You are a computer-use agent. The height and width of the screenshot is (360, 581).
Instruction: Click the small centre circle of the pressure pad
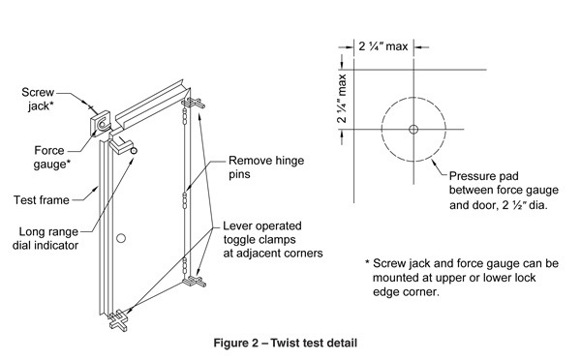click(413, 129)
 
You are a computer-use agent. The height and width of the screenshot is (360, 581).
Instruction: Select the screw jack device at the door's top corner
click(103, 125)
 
